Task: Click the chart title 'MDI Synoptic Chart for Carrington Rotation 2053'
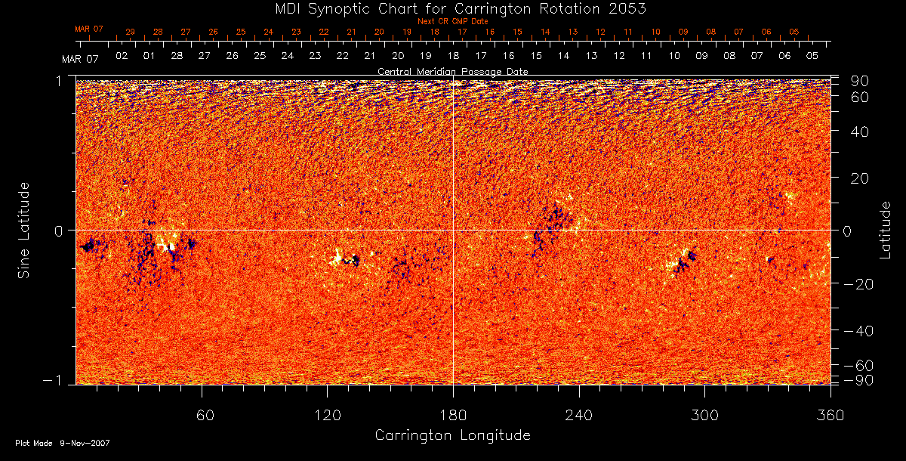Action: pos(452,8)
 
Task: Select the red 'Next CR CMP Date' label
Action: pos(453,21)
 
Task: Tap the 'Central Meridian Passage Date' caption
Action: pos(452,71)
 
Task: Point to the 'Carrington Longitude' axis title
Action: pos(452,435)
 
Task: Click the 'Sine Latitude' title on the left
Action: pos(24,229)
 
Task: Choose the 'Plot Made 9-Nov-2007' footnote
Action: pos(63,443)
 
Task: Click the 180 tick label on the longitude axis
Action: pos(453,415)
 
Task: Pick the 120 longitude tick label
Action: pos(327,415)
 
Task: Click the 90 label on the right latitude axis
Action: pos(860,81)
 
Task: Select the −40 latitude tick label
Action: pos(856,331)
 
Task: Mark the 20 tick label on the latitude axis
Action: pos(860,178)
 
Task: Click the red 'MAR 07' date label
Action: pos(88,29)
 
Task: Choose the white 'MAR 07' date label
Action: pos(80,58)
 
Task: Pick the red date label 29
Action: pos(131,32)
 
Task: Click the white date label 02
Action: pos(121,56)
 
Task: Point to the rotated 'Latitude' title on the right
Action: pos(885,229)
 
